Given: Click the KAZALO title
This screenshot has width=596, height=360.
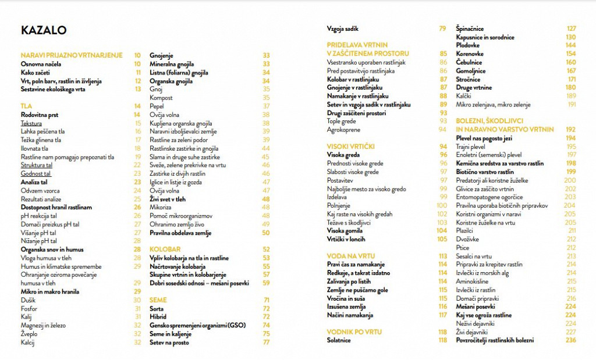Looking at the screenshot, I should point(44,30).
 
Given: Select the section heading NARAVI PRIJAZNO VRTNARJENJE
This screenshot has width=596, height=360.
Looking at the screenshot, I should point(72,55).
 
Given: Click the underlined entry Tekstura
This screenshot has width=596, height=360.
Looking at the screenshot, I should point(31,123).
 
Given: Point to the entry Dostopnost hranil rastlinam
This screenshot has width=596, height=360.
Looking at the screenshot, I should point(56,208).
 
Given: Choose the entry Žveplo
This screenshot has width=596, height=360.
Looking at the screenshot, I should point(29,334).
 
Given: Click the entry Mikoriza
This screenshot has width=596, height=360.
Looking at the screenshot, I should point(161,208).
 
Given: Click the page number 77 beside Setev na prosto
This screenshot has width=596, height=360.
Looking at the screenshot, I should point(266,343).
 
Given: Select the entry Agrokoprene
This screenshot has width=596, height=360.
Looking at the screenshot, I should point(344,130).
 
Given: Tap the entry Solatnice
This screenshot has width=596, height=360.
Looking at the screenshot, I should point(339,340).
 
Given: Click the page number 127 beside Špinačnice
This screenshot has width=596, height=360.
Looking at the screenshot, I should point(571,28).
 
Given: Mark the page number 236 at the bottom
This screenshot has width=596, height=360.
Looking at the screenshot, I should point(570,340).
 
